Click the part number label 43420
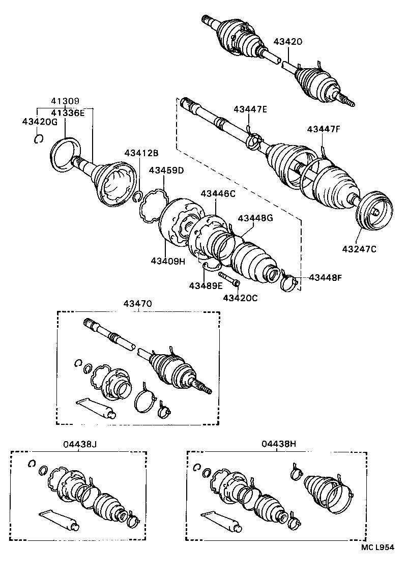click(x=288, y=42)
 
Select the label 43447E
click(x=250, y=109)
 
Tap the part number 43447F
click(x=323, y=129)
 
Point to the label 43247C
click(x=359, y=249)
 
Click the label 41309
click(x=64, y=102)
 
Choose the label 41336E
click(x=67, y=112)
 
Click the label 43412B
click(x=141, y=153)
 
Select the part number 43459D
click(x=166, y=170)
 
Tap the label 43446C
click(x=217, y=193)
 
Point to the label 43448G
click(x=255, y=218)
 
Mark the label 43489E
click(x=206, y=285)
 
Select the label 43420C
click(x=240, y=298)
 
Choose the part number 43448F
click(x=326, y=278)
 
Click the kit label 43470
click(x=137, y=304)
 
